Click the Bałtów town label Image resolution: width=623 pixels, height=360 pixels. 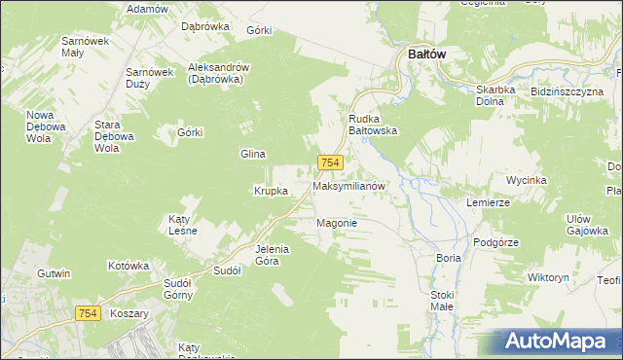tap(421, 54)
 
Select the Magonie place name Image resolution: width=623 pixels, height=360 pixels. tap(338, 223)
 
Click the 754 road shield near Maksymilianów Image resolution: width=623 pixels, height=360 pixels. tap(329, 164)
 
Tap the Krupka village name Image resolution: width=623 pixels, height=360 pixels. tap(271, 191)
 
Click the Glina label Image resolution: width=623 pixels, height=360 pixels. tap(253, 154)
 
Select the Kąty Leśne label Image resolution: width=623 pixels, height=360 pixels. tap(183, 225)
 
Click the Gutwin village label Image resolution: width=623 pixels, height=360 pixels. tap(55, 273)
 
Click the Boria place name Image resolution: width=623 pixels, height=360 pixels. tap(449, 258)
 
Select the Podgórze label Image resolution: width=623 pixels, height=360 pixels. tap(494, 242)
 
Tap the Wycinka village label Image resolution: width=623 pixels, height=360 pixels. tap(527, 181)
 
